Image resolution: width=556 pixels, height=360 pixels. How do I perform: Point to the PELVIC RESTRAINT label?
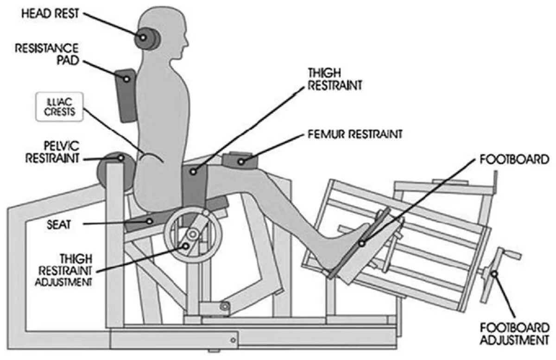52,152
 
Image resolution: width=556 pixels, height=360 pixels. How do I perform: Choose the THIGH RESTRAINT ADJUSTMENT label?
64,269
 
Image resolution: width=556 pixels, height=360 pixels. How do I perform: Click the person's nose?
187,41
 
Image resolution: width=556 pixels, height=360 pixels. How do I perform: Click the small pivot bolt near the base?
225,306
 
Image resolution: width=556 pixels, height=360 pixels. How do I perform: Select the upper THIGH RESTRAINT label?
335,79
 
